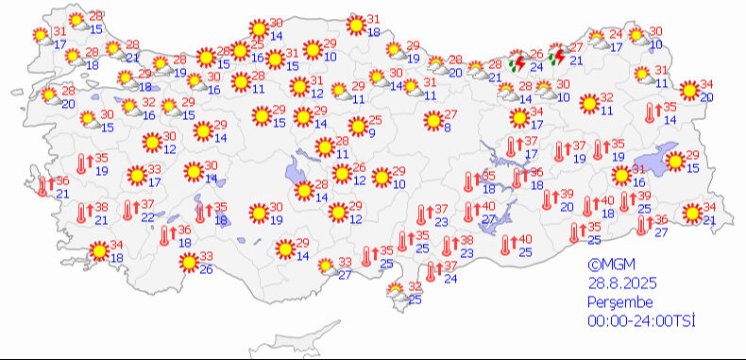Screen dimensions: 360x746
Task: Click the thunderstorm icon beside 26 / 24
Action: click(x=517, y=64)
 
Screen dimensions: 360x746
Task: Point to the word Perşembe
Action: click(x=614, y=302)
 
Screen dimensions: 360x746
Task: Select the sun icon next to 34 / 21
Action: click(x=693, y=214)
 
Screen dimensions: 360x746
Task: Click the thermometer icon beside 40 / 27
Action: click(x=468, y=214)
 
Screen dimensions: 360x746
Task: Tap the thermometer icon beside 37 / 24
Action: click(x=431, y=272)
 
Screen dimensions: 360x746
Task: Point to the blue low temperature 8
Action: click(x=446, y=129)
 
